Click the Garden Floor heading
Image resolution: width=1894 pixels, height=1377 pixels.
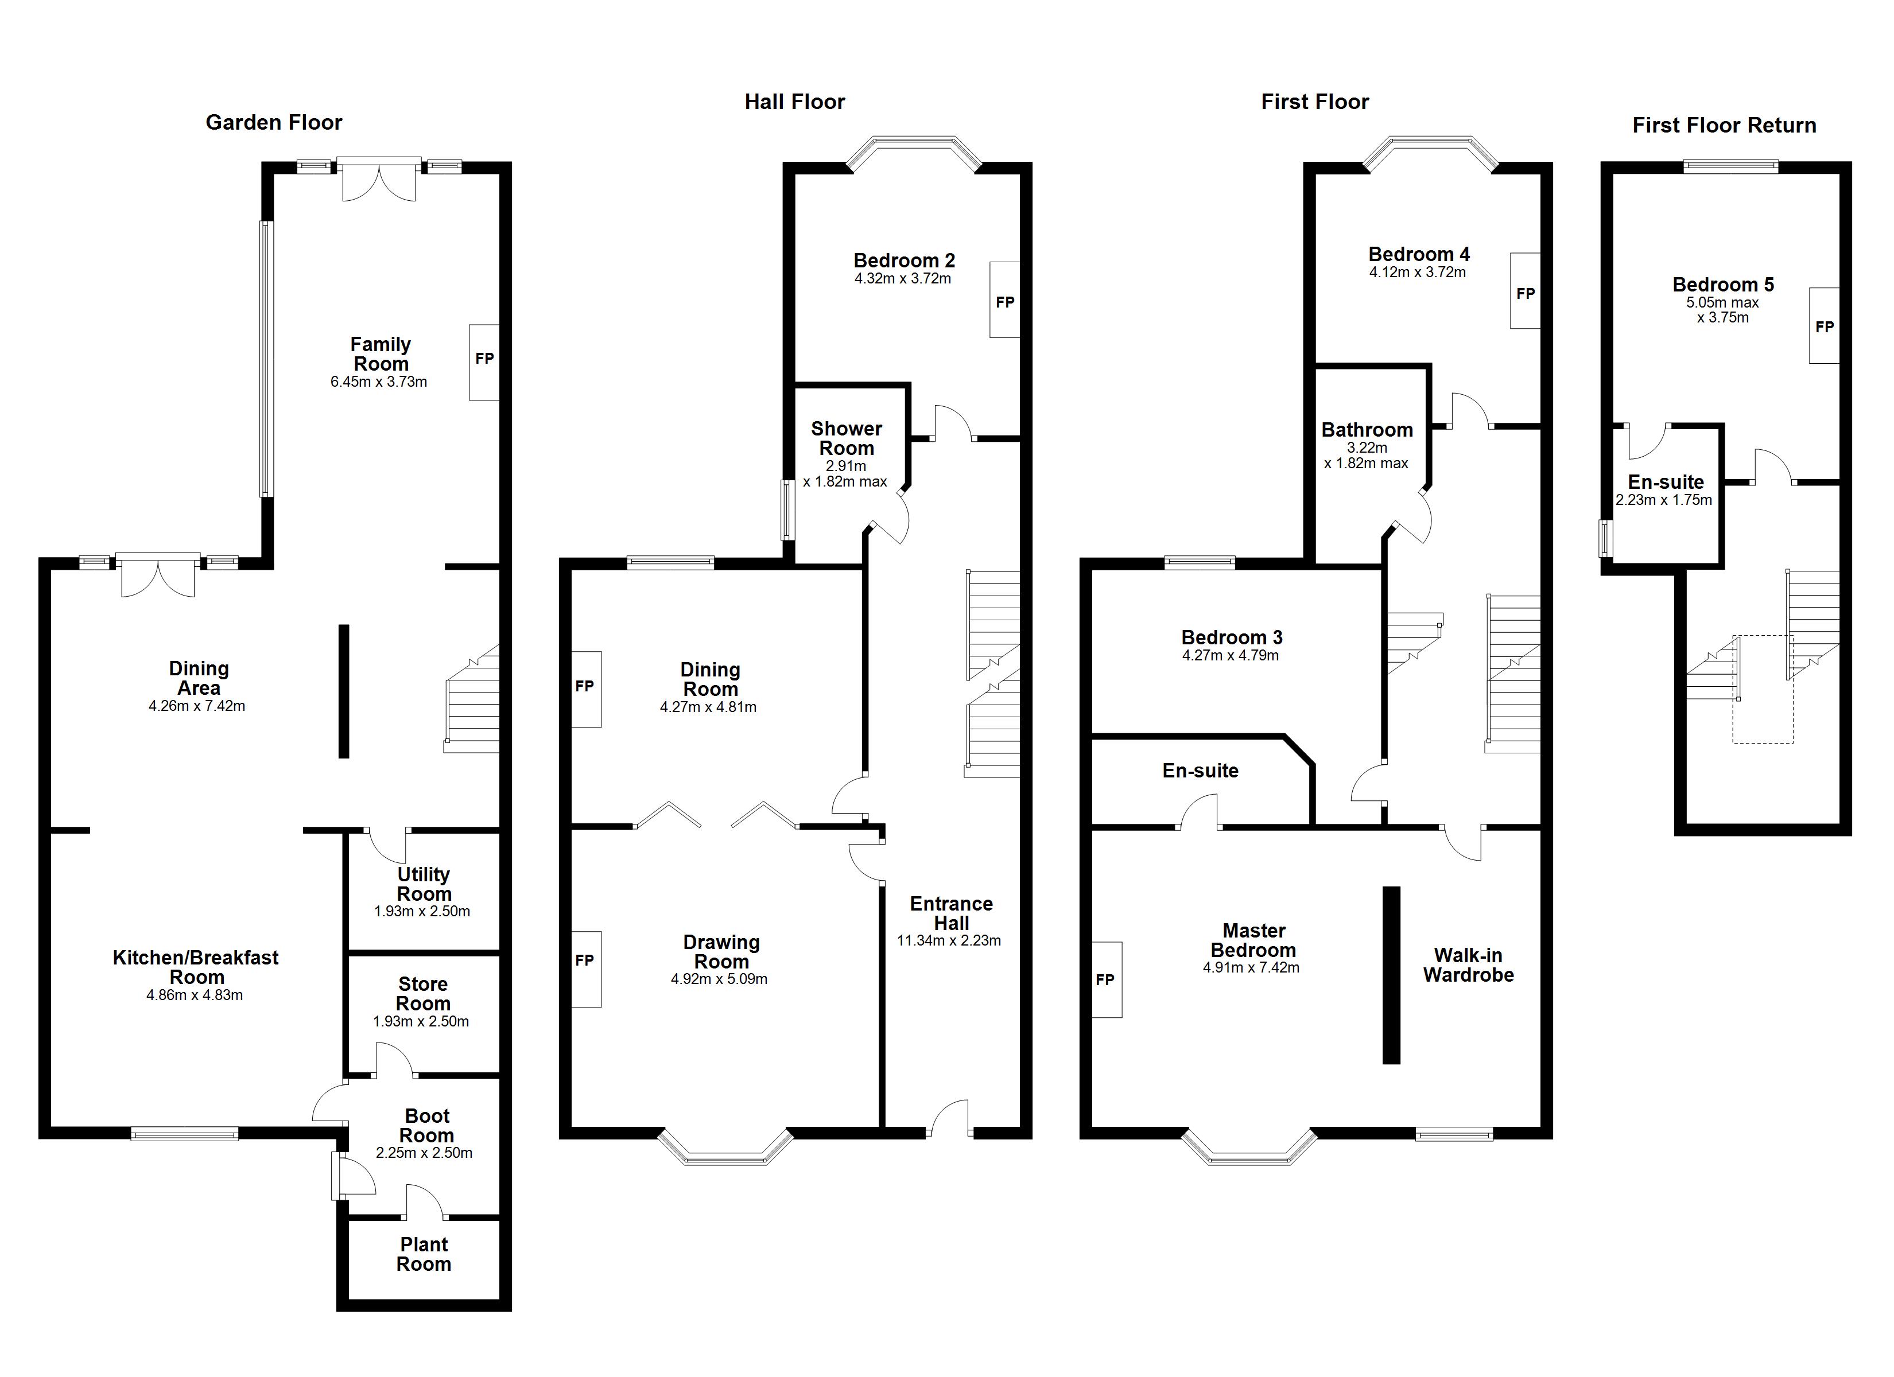pyautogui.click(x=274, y=123)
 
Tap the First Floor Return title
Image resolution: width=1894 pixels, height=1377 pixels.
pyautogui.click(x=1725, y=125)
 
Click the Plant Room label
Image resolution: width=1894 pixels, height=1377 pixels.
pyautogui.click(x=424, y=1254)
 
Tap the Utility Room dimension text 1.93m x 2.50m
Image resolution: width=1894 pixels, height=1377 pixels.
pyautogui.click(x=422, y=911)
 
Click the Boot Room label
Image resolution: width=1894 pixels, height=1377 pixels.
pyautogui.click(x=427, y=1126)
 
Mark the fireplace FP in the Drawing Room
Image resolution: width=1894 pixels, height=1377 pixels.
pyautogui.click(x=585, y=960)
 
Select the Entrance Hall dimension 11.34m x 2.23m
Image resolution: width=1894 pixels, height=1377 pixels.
pyautogui.click(x=949, y=940)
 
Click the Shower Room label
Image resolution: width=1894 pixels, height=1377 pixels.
pyautogui.click(x=846, y=438)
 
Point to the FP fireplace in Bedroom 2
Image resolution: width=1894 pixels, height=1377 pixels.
pyautogui.click(x=1004, y=301)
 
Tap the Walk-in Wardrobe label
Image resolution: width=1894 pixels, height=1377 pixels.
pyautogui.click(x=1468, y=965)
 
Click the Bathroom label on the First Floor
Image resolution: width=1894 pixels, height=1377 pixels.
pyautogui.click(x=1367, y=430)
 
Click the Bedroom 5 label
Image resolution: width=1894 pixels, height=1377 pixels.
pyautogui.click(x=1723, y=285)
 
